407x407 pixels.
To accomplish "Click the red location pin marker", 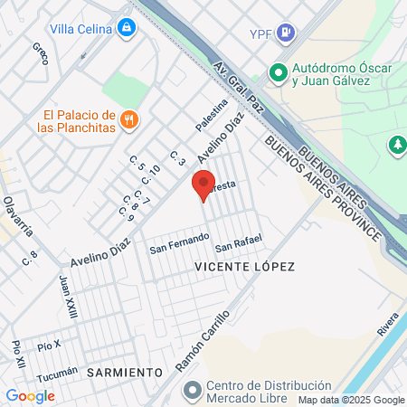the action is click(x=203, y=185).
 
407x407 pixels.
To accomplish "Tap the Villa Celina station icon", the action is click(x=128, y=28).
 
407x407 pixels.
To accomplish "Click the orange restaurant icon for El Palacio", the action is click(x=130, y=118).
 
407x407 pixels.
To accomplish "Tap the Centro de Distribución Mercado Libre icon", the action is click(x=191, y=390).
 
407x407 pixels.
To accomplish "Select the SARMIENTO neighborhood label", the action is click(x=125, y=372).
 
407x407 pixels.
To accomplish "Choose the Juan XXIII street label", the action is click(x=67, y=297).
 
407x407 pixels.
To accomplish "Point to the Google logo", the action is click(x=30, y=395).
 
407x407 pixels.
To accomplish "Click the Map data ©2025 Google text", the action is click(x=351, y=400).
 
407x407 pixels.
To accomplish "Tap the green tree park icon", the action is click(x=396, y=144).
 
